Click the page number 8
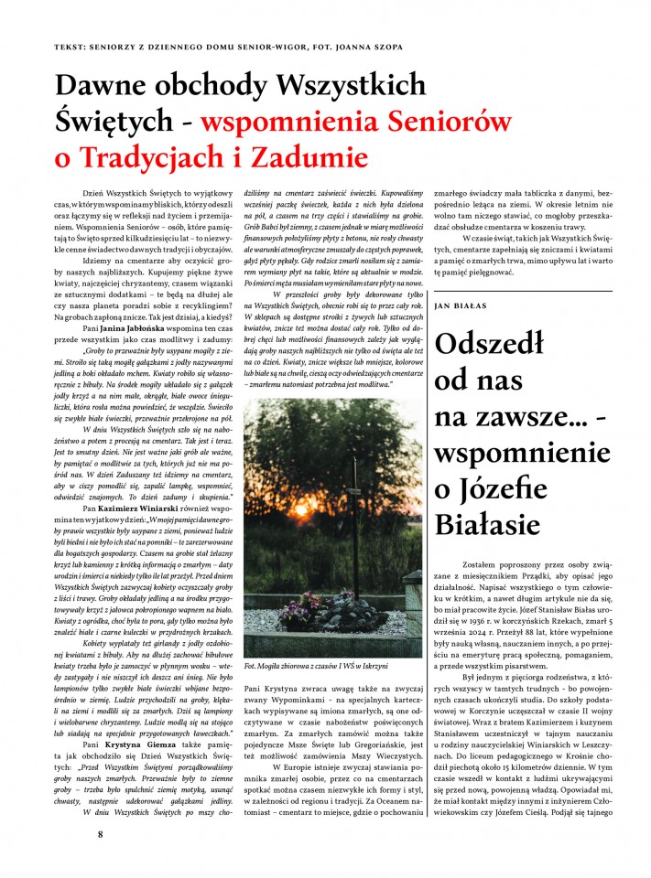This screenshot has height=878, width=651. pos(102,833)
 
